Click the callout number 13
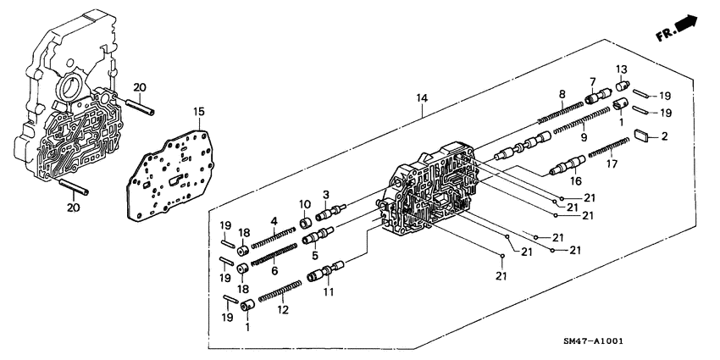click(620, 69)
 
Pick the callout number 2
click(665, 136)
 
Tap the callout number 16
click(577, 181)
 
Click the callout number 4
click(274, 222)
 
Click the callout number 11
click(327, 292)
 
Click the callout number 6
click(274, 271)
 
